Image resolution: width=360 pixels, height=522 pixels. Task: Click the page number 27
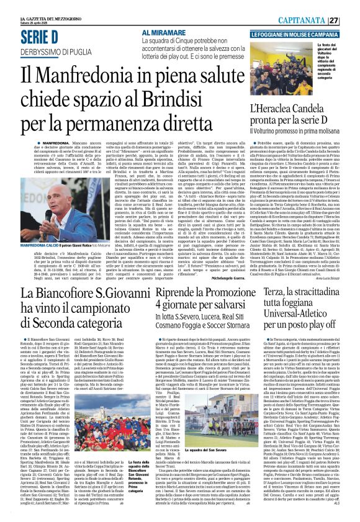click(x=351, y=20)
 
